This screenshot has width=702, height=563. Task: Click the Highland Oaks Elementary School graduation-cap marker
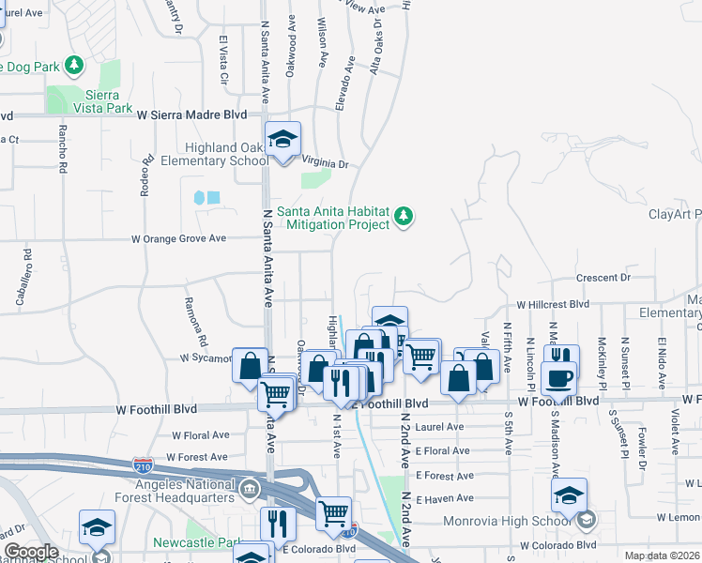point(282,140)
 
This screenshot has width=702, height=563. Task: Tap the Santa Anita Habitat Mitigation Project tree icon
point(404,217)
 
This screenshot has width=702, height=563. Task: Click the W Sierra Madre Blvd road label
point(191,114)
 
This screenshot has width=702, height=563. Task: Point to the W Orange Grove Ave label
point(178,239)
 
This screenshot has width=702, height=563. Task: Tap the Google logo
point(31,552)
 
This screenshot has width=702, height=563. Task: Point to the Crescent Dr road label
point(603,278)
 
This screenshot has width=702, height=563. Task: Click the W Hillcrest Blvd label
point(553,305)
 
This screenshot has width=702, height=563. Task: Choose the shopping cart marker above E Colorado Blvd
point(333,513)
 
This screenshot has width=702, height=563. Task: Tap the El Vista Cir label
point(223,58)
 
